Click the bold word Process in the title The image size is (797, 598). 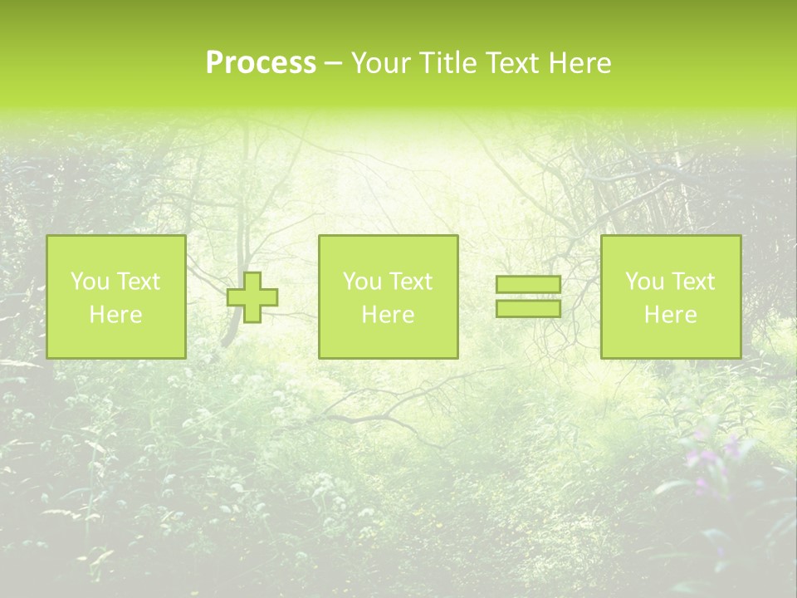pos(261,63)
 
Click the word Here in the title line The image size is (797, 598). pos(579,63)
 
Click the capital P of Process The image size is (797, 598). pos(215,63)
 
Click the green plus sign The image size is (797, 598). pos(252,297)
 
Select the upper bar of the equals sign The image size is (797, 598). pos(528,285)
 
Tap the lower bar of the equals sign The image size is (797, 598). pos(528,308)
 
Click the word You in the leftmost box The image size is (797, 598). pos(87,282)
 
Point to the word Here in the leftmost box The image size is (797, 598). pos(115,315)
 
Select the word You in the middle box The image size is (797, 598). pos(359,282)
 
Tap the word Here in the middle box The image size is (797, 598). pos(388,315)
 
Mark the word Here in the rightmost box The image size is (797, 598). pos(670,315)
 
